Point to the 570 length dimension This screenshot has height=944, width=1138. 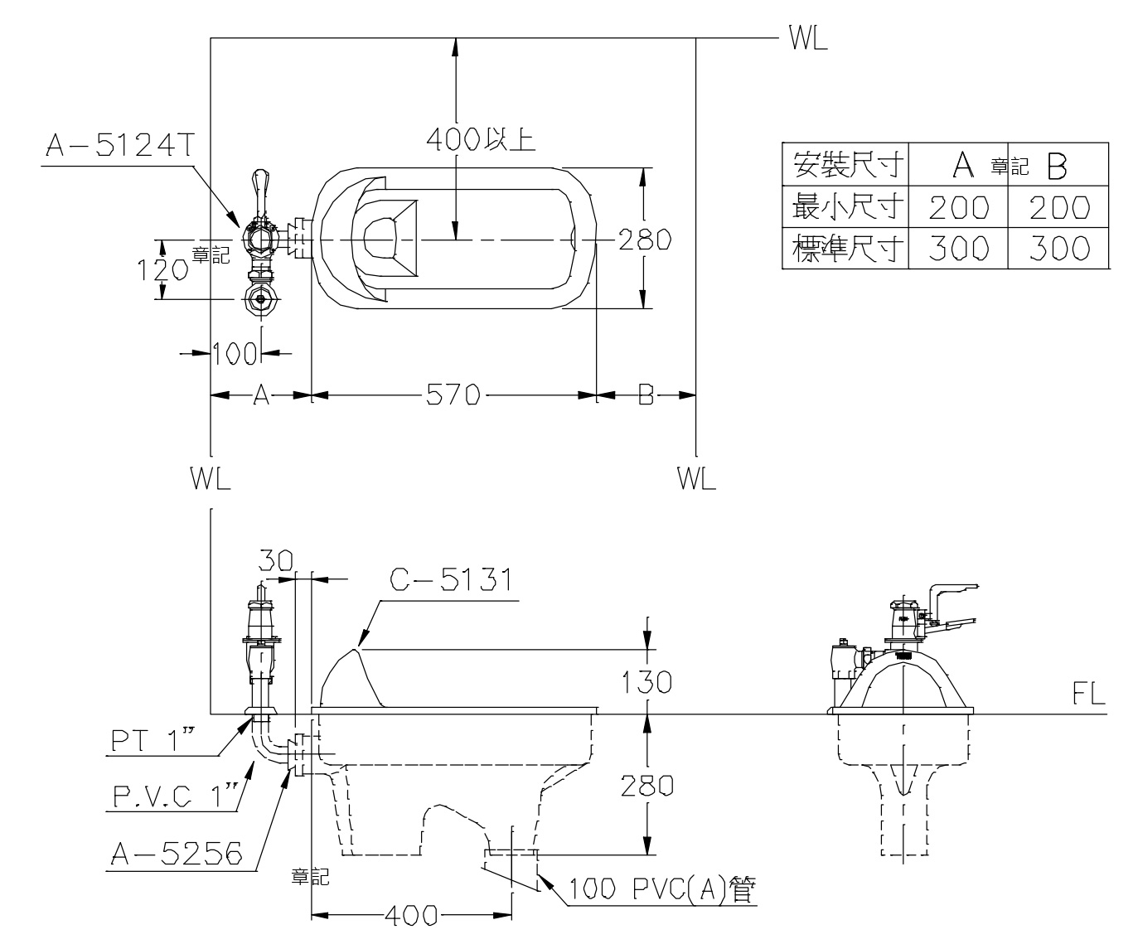pos(453,396)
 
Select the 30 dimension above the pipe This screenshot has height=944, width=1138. pos(275,561)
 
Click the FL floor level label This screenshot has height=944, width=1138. pos(1088,696)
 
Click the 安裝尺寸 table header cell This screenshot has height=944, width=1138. pos(845,162)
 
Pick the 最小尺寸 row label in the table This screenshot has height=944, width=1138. pos(845,206)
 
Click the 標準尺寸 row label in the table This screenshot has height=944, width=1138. pos(845,248)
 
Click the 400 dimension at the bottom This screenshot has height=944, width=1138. pos(413,916)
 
